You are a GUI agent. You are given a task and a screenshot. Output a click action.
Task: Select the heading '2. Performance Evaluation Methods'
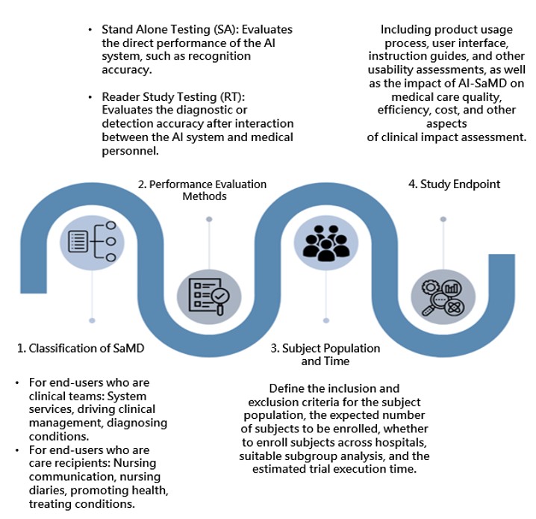pyautogui.click(x=202, y=190)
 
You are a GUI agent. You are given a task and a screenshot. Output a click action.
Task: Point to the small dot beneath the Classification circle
pyautogui.click(x=93, y=320)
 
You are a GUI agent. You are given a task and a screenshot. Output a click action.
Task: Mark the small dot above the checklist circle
pyautogui.click(x=209, y=219)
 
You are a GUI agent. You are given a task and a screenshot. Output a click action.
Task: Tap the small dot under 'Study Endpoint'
pyautogui.click(x=442, y=219)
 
